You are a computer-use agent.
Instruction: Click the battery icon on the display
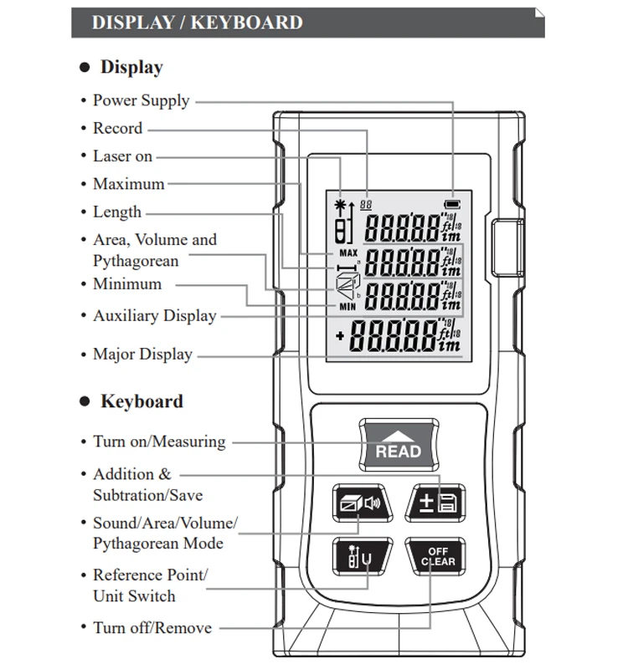pyautogui.click(x=452, y=204)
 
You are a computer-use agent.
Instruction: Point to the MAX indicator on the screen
pyautogui.click(x=348, y=253)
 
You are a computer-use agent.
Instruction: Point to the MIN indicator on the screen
pyautogui.click(x=348, y=308)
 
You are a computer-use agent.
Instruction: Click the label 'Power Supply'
pyautogui.click(x=141, y=100)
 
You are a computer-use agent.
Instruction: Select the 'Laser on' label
pyautogui.click(x=122, y=156)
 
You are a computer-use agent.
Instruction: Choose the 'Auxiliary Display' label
pyautogui.click(x=154, y=316)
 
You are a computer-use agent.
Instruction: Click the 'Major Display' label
pyautogui.click(x=142, y=355)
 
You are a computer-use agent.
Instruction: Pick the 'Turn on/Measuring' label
pyautogui.click(x=159, y=442)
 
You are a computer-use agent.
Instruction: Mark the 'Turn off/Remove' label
pyautogui.click(x=152, y=628)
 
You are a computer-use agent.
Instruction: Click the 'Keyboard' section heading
pyautogui.click(x=142, y=401)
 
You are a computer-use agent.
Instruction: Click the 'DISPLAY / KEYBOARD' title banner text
pyautogui.click(x=197, y=23)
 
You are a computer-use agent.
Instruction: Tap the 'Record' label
pyautogui.click(x=117, y=129)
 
